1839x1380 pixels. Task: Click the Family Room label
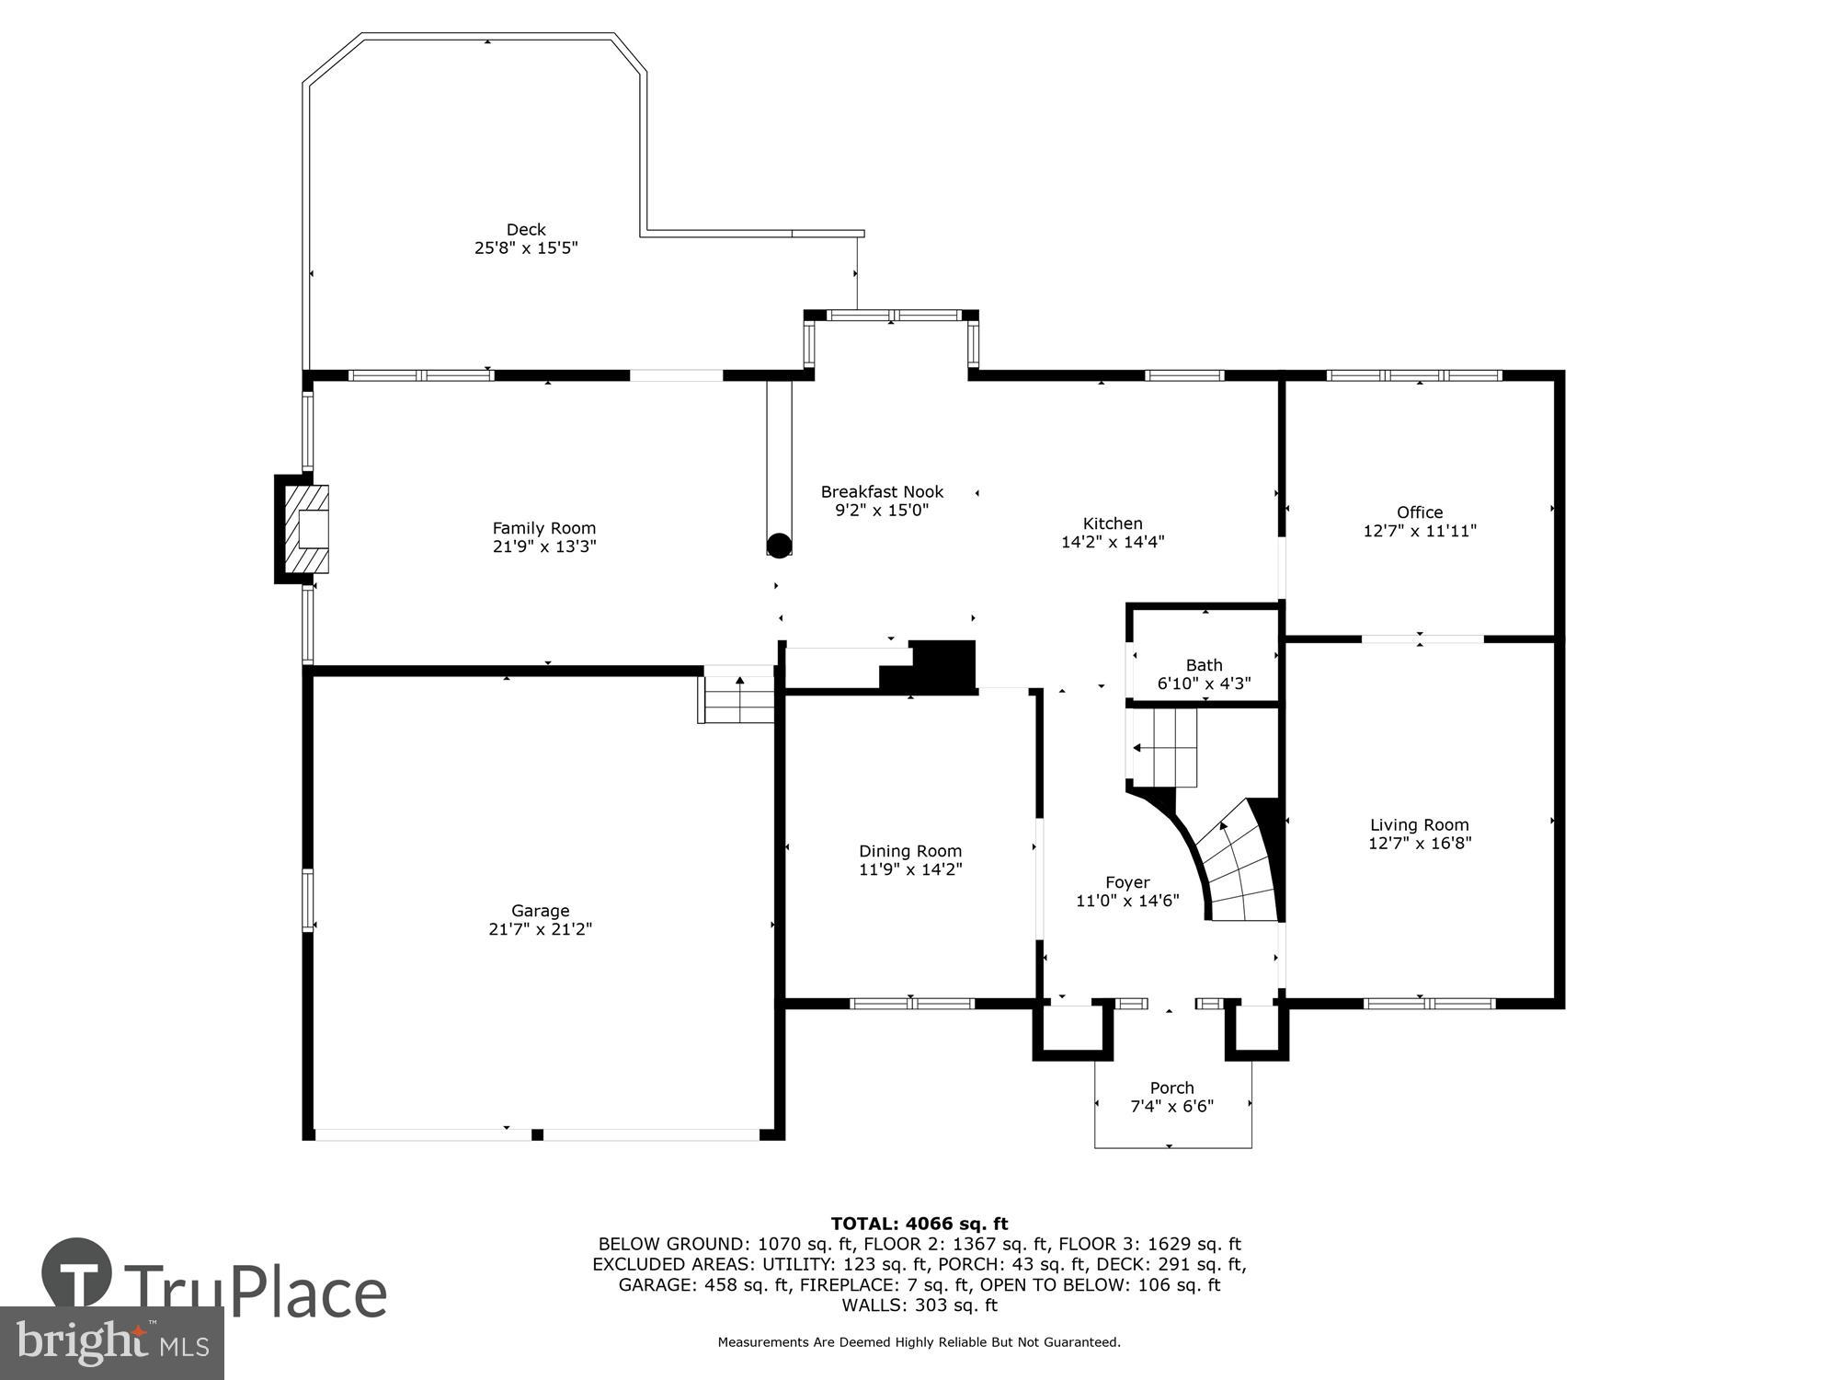pyautogui.click(x=543, y=528)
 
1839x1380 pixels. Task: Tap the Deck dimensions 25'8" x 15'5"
pyautogui.click(x=526, y=248)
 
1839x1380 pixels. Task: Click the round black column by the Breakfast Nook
pyautogui.click(x=779, y=546)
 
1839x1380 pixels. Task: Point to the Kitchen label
pyautogui.click(x=1113, y=523)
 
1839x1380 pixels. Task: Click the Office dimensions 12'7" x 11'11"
pyautogui.click(x=1420, y=531)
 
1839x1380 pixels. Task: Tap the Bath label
pyautogui.click(x=1204, y=665)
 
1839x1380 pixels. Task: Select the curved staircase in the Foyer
pyautogui.click(x=1237, y=865)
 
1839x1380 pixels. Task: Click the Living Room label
pyautogui.click(x=1420, y=825)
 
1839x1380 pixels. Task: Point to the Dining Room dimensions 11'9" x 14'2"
pyautogui.click(x=910, y=869)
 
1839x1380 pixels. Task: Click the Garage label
pyautogui.click(x=541, y=911)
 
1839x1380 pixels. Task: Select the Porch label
pyautogui.click(x=1171, y=1087)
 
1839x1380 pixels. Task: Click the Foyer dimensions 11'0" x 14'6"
pyautogui.click(x=1127, y=901)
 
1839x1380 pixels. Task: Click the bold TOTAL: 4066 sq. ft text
pyautogui.click(x=919, y=1224)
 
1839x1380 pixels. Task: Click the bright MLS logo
pyautogui.click(x=111, y=1343)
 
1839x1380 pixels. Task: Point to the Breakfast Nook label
pyautogui.click(x=882, y=492)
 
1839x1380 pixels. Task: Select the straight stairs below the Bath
pyautogui.click(x=1164, y=747)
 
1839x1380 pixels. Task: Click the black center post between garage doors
pyautogui.click(x=537, y=1134)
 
